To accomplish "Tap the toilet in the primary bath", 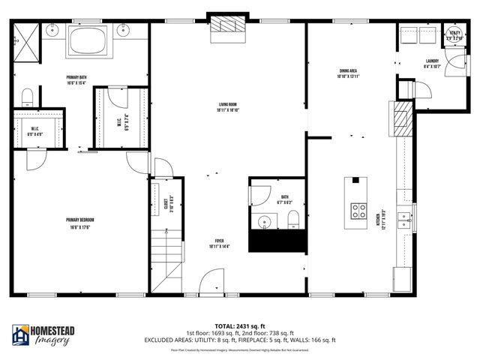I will (x=27, y=95).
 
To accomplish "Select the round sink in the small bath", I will (x=263, y=221).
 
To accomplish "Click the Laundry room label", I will (x=432, y=63).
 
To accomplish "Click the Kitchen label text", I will (x=383, y=222).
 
